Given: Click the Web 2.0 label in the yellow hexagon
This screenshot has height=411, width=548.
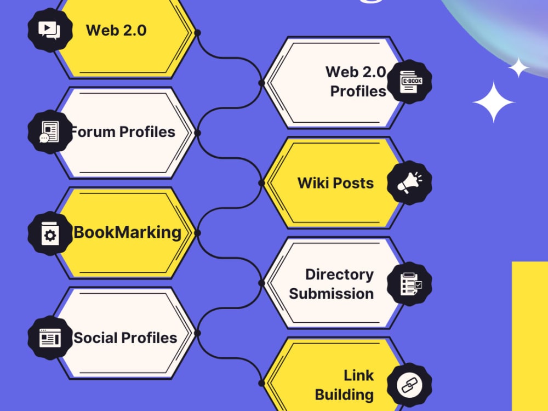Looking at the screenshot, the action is click(x=116, y=30).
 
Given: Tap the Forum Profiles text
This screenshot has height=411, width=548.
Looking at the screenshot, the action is click(x=122, y=132).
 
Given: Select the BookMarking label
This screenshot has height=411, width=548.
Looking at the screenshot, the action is click(x=128, y=232).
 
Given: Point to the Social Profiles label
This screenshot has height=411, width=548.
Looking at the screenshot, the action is click(x=125, y=338).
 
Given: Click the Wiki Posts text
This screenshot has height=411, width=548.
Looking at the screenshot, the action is click(x=335, y=183).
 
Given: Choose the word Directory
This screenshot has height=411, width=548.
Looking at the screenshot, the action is click(x=339, y=275).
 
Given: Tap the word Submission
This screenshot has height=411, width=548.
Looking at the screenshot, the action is click(x=332, y=294).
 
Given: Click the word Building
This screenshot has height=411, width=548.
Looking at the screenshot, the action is click(x=344, y=395).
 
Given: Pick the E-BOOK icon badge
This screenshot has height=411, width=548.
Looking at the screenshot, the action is click(x=409, y=82).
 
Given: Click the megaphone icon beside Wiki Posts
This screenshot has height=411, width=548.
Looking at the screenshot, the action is click(x=409, y=183).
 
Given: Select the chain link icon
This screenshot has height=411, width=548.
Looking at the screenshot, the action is click(x=409, y=385).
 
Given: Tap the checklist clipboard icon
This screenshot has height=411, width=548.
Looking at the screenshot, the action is click(x=409, y=284).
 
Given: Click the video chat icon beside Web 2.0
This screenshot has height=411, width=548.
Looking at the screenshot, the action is click(x=50, y=30).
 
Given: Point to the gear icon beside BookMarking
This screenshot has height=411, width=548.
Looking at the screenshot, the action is click(x=50, y=233).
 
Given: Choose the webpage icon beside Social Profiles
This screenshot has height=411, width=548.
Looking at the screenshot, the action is click(x=50, y=338).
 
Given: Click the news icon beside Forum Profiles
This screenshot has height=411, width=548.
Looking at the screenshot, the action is click(x=50, y=132).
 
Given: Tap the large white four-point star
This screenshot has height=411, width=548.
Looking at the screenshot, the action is click(x=494, y=102).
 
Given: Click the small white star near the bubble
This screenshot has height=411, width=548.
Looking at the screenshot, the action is click(x=518, y=67).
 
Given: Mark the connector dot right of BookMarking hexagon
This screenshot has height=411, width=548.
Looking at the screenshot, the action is click(x=197, y=233).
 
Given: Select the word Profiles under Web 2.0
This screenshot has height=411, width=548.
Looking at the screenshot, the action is click(x=358, y=91).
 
